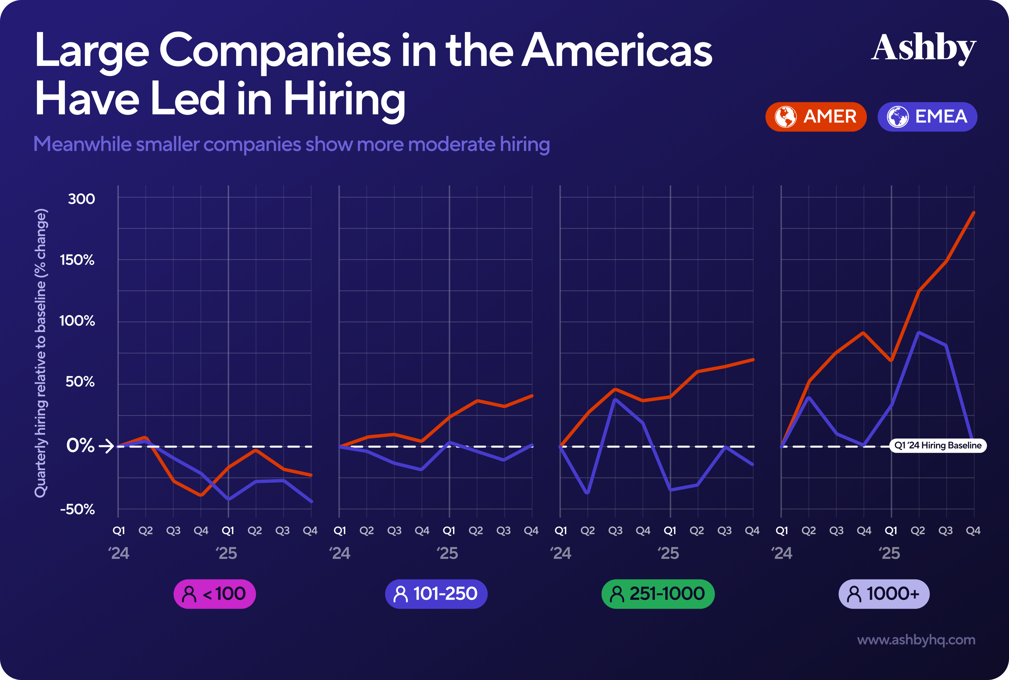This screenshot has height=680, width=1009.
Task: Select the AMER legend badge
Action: tap(816, 117)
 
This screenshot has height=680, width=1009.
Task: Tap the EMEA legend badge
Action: tap(927, 117)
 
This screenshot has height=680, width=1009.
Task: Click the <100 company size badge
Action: tap(215, 594)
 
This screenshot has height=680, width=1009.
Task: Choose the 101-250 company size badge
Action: tap(436, 594)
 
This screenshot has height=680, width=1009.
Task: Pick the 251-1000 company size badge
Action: tap(658, 594)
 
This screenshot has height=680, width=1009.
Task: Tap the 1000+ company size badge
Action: tap(884, 594)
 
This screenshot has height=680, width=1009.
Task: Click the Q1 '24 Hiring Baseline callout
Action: tap(937, 445)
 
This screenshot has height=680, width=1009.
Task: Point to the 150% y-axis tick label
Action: tap(77, 260)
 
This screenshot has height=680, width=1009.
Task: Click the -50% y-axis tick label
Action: tap(77, 509)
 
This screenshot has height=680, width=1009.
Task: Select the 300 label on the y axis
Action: tap(81, 199)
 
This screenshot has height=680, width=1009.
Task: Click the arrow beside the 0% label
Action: tap(106, 446)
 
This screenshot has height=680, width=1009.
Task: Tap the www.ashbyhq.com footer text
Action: tap(916, 640)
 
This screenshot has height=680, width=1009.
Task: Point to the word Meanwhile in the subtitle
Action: tap(82, 144)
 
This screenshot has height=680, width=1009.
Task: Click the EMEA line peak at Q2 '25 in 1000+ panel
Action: tap(919, 333)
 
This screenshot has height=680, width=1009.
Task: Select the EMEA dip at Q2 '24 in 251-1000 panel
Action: tap(588, 493)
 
